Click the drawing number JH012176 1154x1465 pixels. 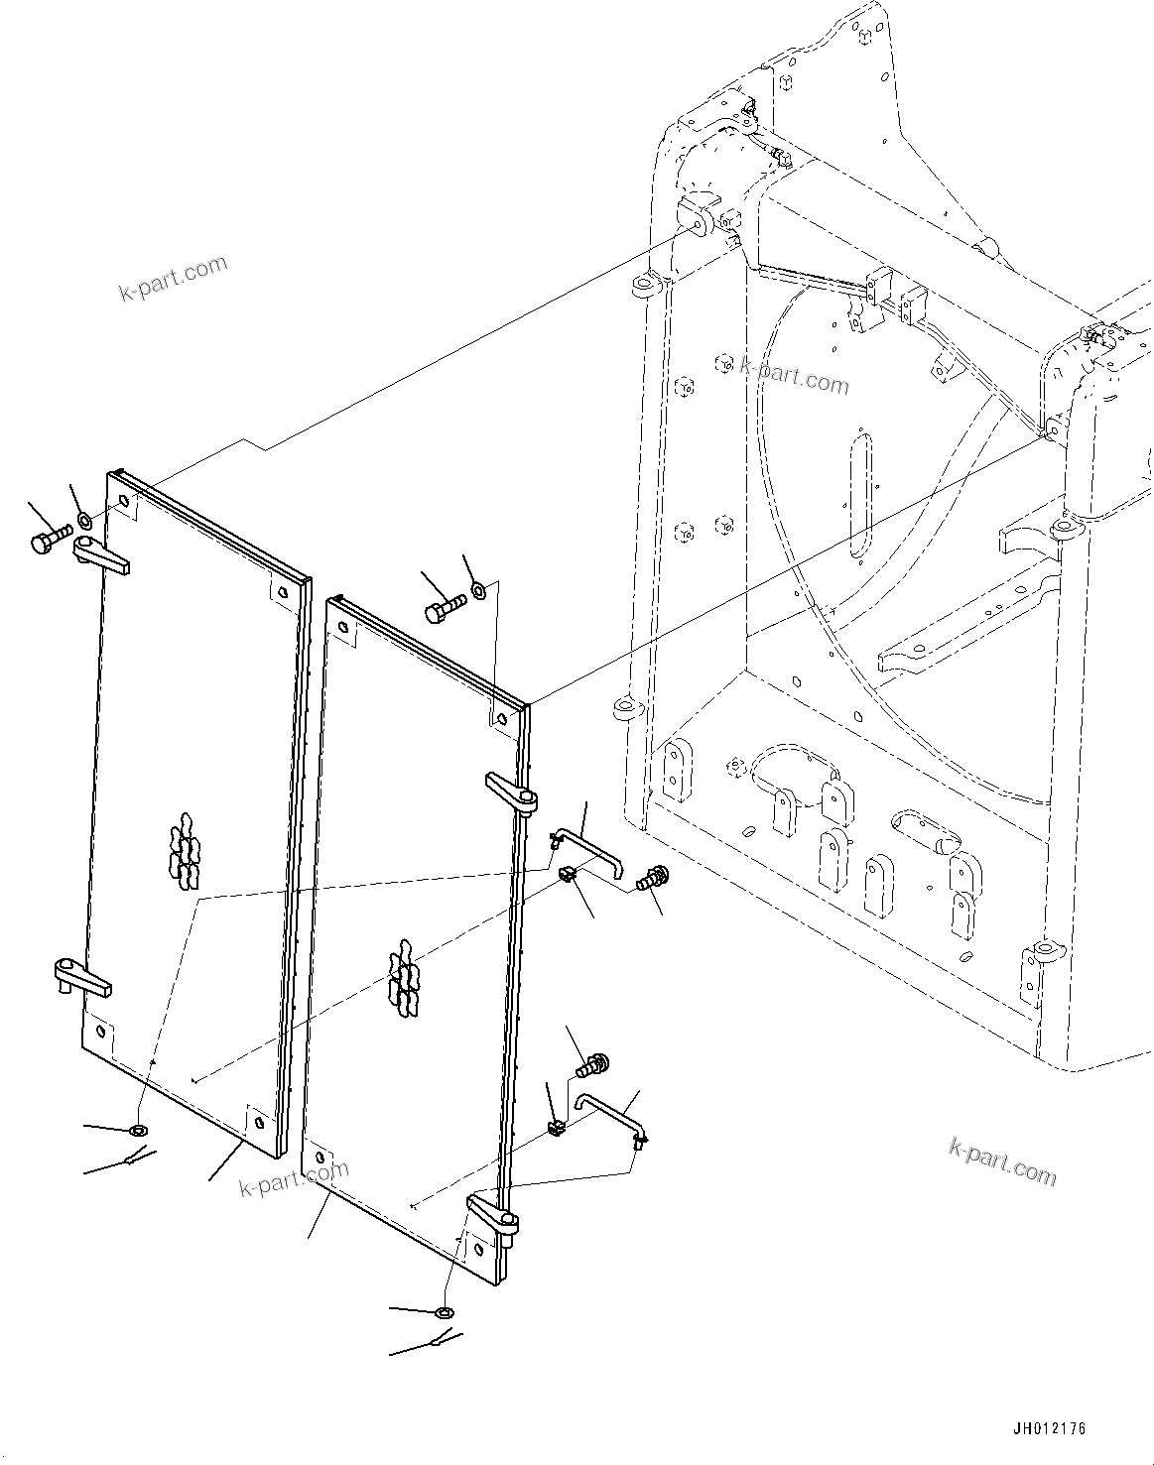(x=1049, y=1429)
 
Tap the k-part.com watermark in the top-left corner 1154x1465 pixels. (x=173, y=279)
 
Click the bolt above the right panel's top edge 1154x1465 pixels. (x=447, y=609)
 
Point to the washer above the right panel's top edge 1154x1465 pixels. (x=478, y=591)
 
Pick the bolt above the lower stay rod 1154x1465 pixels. (x=591, y=1067)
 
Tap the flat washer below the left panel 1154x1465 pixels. (x=138, y=1131)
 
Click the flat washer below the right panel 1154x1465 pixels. (x=446, y=1313)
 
